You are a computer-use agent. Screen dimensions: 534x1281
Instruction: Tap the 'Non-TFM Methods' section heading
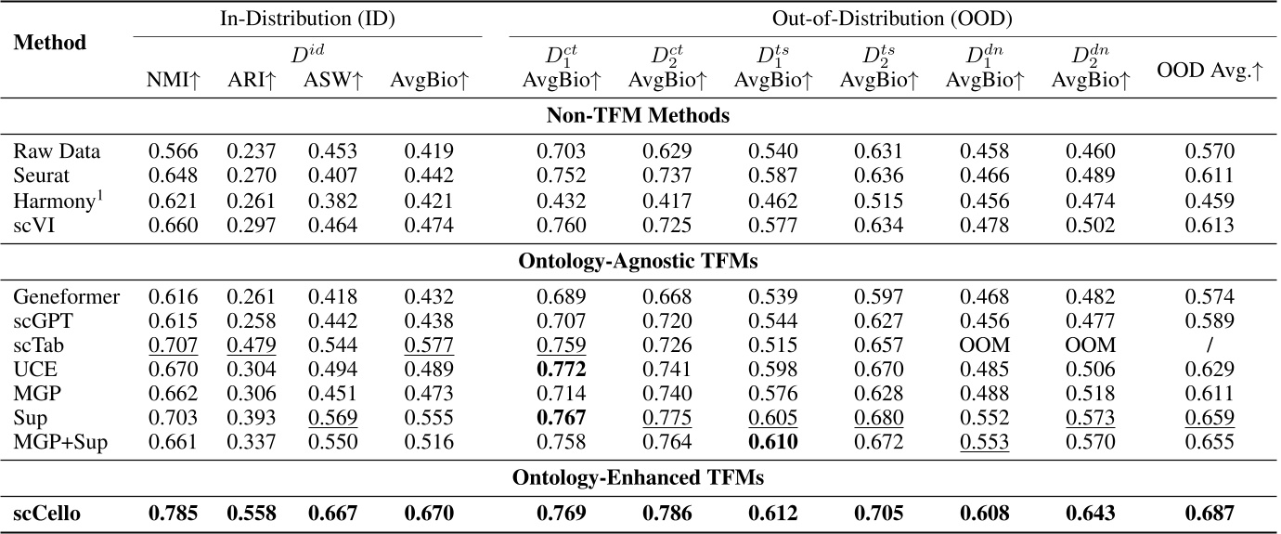(x=640, y=117)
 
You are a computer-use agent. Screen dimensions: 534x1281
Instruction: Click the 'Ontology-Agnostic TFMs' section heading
(x=640, y=262)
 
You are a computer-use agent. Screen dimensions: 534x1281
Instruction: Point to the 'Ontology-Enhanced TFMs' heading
(x=640, y=477)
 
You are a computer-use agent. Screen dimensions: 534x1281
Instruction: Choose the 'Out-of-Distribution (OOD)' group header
(x=885, y=17)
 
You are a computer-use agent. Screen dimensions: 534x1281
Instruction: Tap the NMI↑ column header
(x=175, y=81)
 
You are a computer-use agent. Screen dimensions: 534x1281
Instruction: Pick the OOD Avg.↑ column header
(x=1210, y=72)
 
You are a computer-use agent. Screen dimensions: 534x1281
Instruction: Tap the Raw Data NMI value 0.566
(x=175, y=151)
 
